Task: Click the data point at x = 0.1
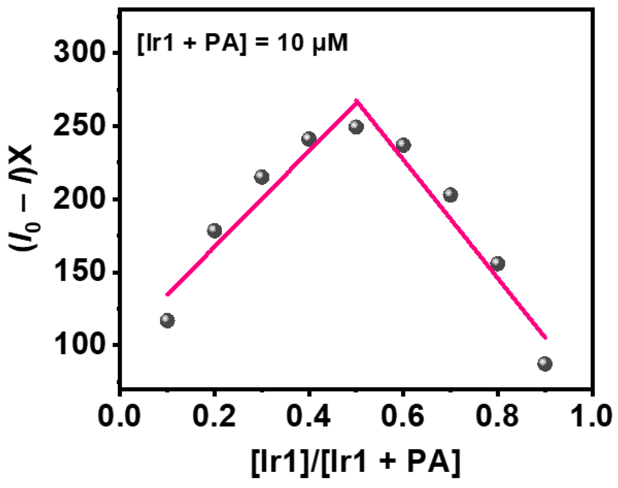click(x=167, y=320)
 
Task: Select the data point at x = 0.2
click(x=214, y=231)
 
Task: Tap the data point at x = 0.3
click(x=262, y=177)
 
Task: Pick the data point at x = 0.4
click(x=309, y=139)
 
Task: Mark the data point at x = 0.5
click(x=356, y=127)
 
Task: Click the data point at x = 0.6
click(x=403, y=145)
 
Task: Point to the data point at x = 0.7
click(x=450, y=195)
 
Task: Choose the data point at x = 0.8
click(x=497, y=263)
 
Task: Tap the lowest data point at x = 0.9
click(x=545, y=363)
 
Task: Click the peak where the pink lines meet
click(x=357, y=101)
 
